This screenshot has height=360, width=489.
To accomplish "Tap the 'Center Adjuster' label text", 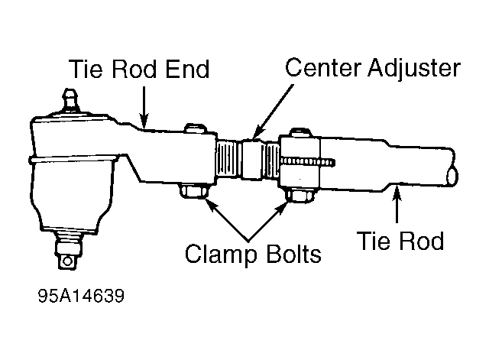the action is pos(373,69).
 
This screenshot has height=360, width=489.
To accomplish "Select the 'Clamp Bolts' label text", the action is pos(253,254).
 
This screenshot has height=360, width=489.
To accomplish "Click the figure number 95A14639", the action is pos(81,296).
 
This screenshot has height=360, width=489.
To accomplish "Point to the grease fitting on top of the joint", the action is pos(70,100).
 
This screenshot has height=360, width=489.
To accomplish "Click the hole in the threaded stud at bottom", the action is pos(66,261).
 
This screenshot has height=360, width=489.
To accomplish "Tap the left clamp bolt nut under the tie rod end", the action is pos(194,191).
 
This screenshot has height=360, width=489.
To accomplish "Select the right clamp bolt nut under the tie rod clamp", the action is pos(300,196).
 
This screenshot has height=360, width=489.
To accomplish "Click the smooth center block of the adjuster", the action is pos(251,160).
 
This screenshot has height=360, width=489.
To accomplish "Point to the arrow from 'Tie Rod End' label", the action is pos(144,108).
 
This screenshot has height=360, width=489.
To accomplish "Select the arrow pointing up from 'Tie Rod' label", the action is pos(397,204).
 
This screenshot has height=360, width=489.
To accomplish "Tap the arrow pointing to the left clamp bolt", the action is pos(227,220).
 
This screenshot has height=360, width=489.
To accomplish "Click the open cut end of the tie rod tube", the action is pos(452,177).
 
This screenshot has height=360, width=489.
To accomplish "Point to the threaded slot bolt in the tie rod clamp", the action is pos(308,162).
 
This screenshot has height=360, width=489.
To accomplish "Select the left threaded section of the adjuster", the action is pos(228,159).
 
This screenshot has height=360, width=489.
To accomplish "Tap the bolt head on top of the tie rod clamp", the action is pos(301,132).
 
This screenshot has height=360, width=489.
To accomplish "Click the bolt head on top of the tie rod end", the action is pos(196,128).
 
